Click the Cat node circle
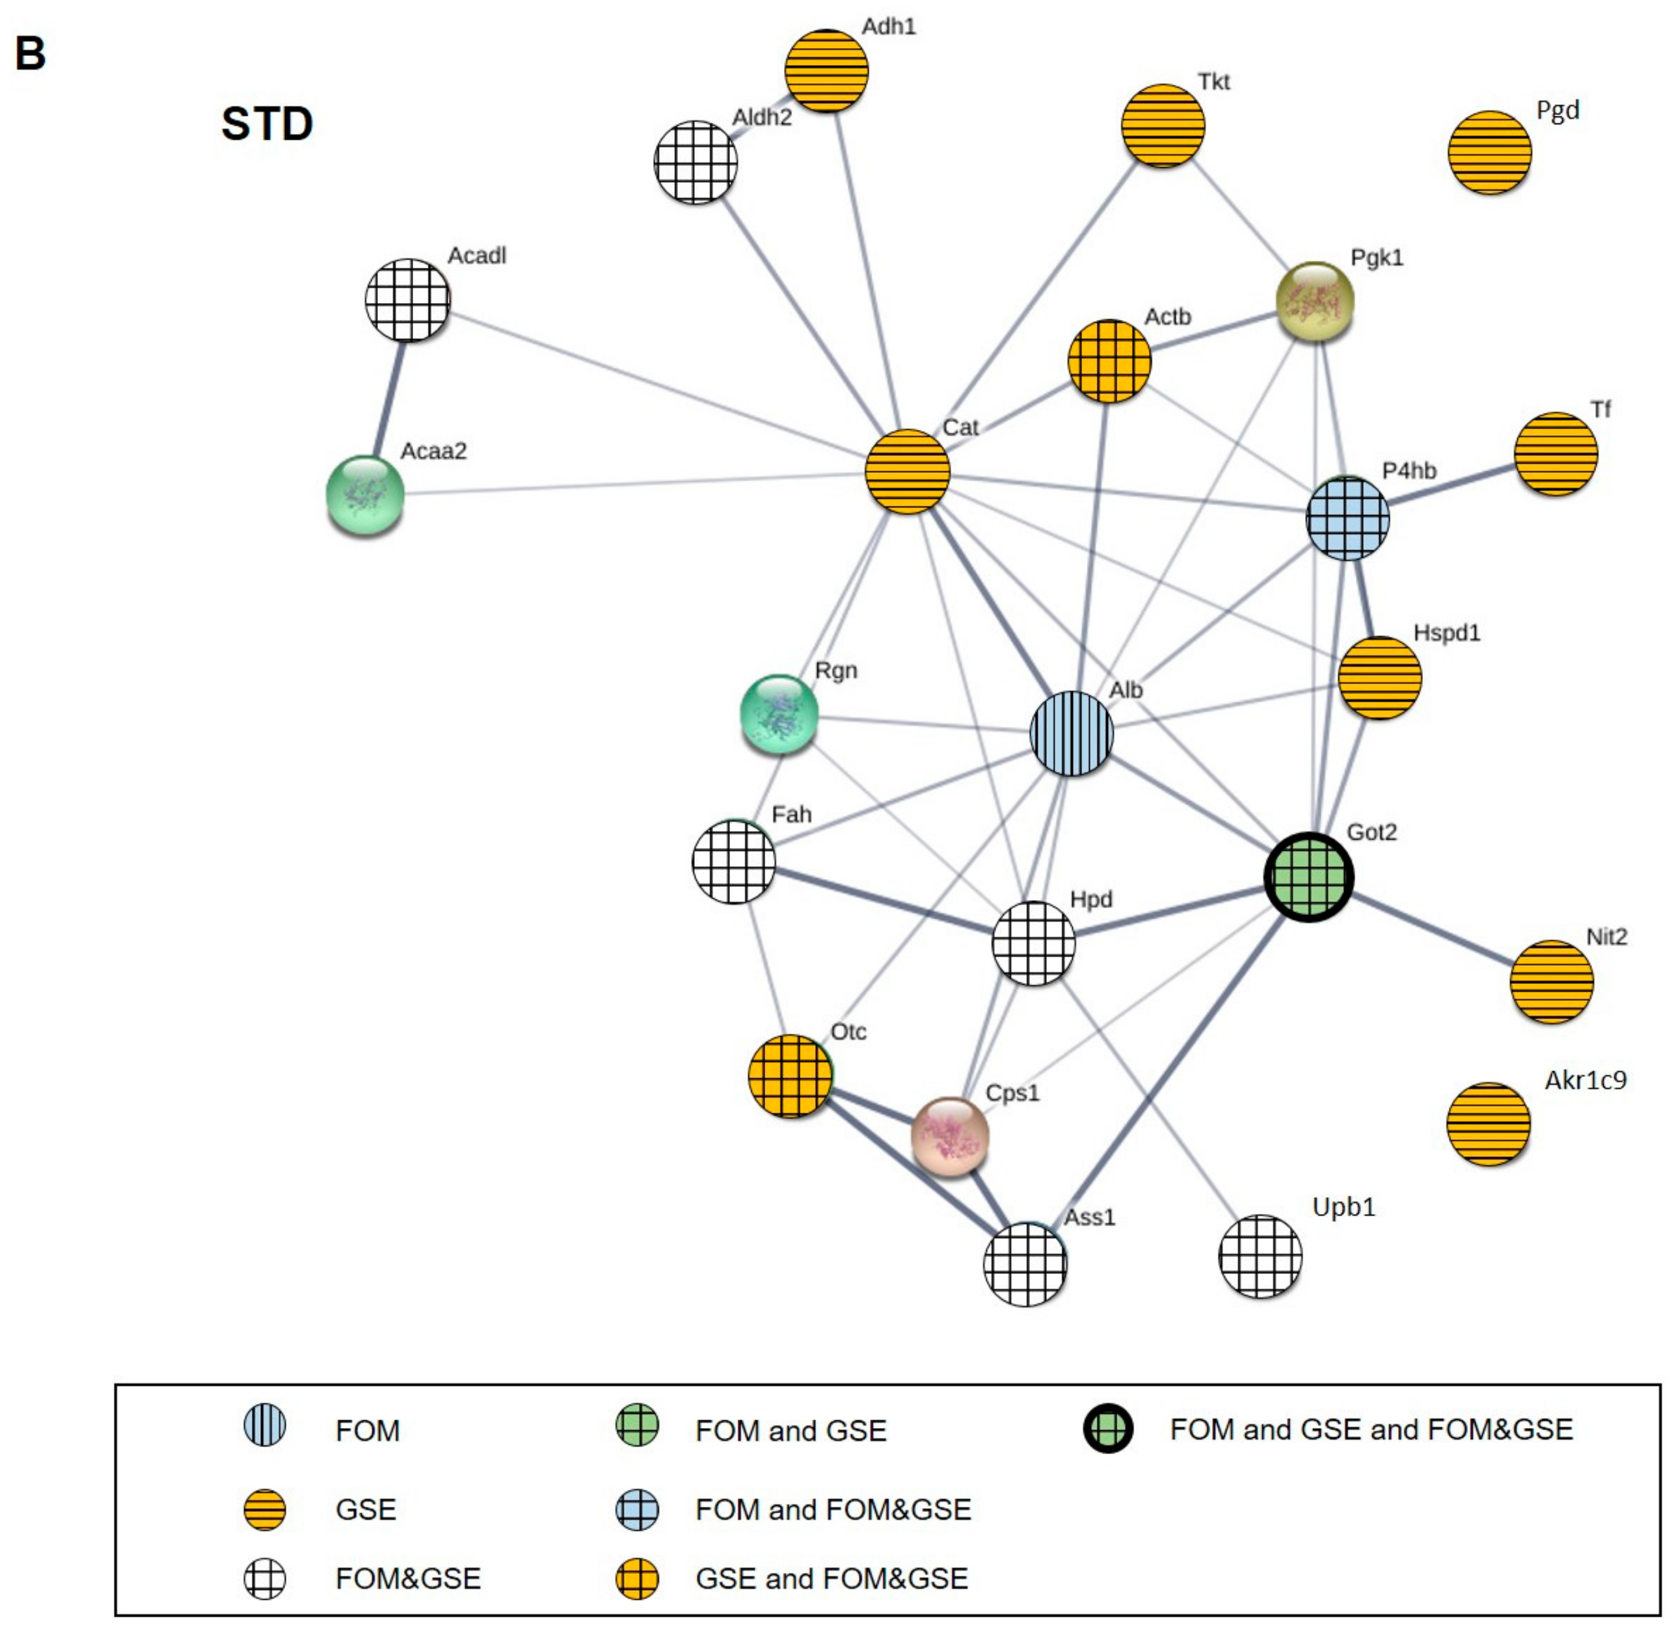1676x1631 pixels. pos(906,471)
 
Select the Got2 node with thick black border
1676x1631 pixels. pos(1308,877)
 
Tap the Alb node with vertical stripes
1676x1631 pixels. pos(1071,734)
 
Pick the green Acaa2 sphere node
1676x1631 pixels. pos(365,494)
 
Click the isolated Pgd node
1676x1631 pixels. pos(1489,152)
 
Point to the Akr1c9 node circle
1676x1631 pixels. pos(1487,1124)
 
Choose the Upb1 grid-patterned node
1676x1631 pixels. pos(1260,1256)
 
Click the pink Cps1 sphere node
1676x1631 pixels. pos(949,1136)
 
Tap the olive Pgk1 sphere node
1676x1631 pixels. pos(1314,300)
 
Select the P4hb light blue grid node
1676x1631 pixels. pos(1347,518)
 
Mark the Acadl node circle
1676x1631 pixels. pos(407,300)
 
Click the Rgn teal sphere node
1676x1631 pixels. pos(779,713)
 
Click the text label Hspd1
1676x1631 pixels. pos(1446,633)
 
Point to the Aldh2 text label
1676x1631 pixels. pos(762,117)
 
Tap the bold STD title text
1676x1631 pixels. pos(267,124)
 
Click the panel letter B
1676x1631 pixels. pos(30,53)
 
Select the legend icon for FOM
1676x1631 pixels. pos(265,1426)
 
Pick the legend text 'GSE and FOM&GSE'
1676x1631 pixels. pos(831,1578)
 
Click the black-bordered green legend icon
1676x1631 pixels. pos(1108,1429)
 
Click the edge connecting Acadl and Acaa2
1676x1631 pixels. pos(388,396)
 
